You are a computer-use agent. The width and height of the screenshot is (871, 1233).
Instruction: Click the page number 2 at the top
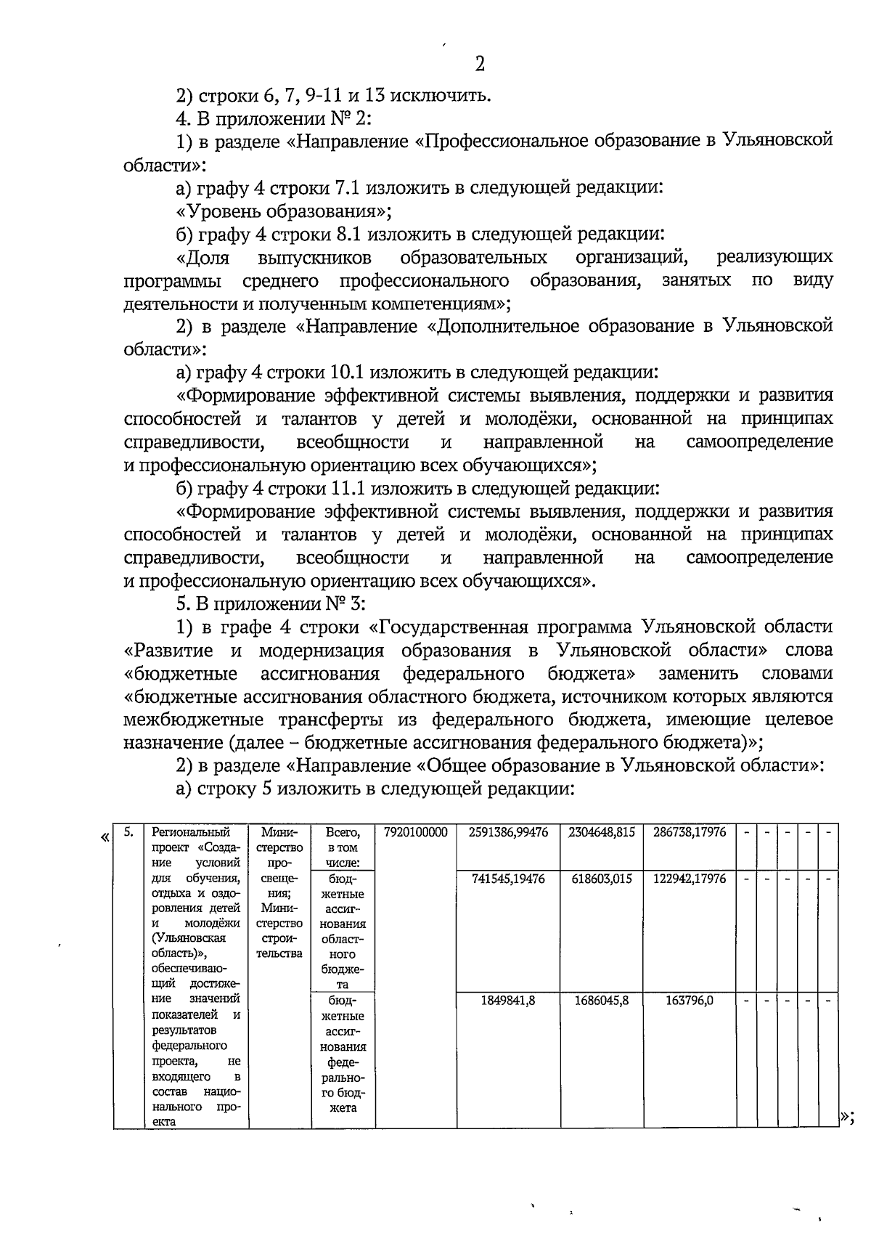[479, 65]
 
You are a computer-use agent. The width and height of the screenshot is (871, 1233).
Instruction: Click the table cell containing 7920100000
[415, 832]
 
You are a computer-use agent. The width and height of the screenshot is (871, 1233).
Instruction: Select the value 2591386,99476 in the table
[508, 832]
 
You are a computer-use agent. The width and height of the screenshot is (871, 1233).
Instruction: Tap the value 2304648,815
[601, 832]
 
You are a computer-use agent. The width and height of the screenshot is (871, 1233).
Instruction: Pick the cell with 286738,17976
[689, 832]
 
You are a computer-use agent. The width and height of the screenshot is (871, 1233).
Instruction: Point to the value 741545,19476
[508, 879]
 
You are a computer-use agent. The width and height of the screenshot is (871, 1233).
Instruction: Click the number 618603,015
[601, 879]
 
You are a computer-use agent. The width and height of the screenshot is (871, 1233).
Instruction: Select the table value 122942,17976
[689, 879]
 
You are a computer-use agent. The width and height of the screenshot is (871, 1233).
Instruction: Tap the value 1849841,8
[508, 1001]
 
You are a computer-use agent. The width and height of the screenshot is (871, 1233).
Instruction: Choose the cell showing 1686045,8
[601, 1001]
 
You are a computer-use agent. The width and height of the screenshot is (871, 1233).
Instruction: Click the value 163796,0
[689, 1001]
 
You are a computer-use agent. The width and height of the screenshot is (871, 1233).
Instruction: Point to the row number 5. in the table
[128, 832]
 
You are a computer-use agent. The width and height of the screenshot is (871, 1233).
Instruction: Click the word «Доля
[203, 258]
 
